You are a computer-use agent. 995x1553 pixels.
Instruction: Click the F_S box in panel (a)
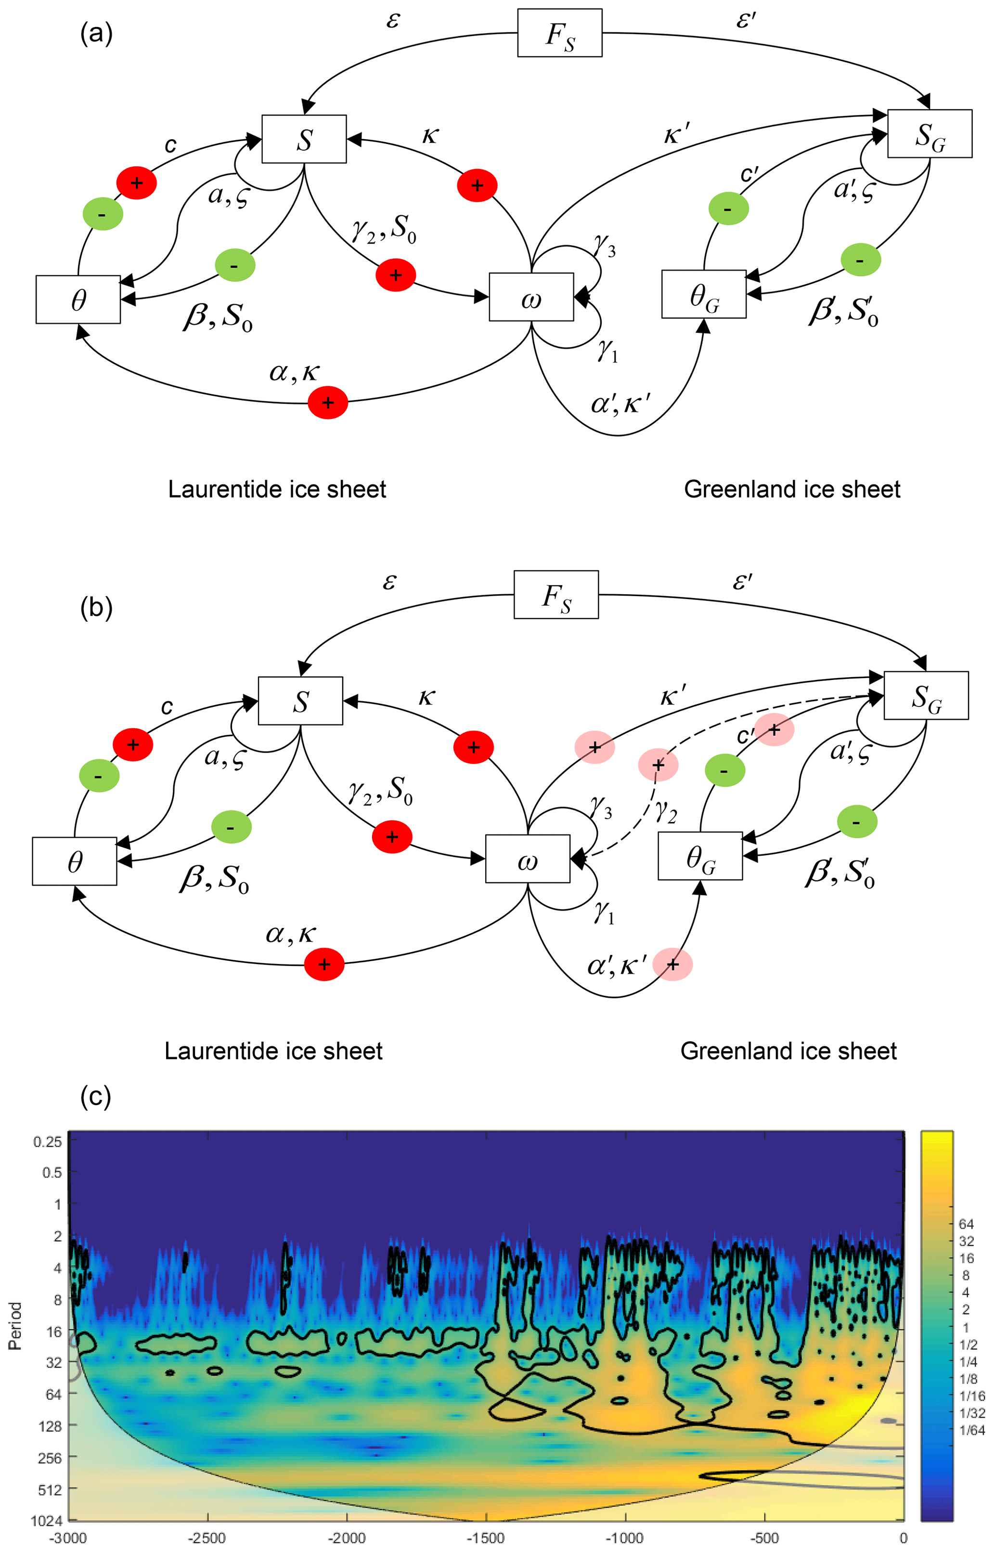click(x=559, y=33)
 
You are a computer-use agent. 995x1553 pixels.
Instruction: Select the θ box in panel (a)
click(x=78, y=299)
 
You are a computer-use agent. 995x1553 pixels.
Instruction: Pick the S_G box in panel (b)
click(x=926, y=695)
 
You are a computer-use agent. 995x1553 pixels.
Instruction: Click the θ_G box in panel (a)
click(x=704, y=295)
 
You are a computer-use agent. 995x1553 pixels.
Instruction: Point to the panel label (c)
click(x=96, y=1096)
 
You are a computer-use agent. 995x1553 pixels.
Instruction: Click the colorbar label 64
click(x=966, y=1224)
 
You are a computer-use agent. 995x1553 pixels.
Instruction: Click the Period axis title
click(x=15, y=1326)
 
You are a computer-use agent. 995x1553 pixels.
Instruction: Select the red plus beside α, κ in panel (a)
click(x=327, y=403)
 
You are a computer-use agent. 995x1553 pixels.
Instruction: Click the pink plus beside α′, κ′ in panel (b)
click(x=672, y=965)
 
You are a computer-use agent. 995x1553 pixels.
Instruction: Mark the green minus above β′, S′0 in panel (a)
click(x=861, y=261)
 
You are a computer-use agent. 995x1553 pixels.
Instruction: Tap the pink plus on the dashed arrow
click(x=658, y=765)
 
